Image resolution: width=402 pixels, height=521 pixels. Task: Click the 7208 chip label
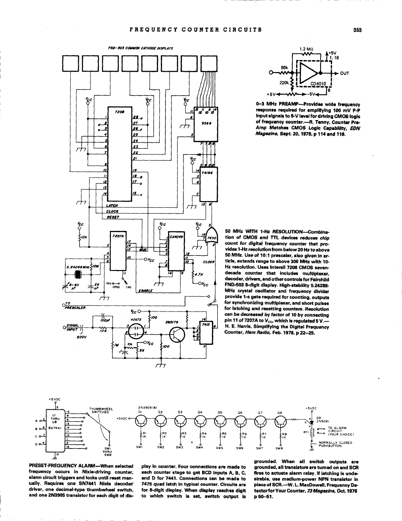(x=119, y=112)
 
